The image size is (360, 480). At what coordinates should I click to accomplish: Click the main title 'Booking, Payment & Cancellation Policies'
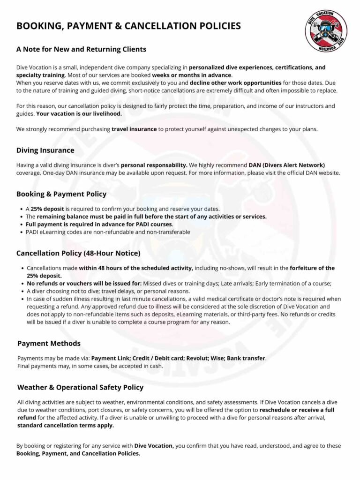pos(128,26)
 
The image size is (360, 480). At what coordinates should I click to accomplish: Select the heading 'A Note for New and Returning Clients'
pos(81,49)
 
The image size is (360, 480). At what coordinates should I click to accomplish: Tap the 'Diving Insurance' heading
pos(45,150)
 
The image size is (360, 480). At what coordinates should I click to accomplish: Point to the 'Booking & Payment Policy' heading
pos(61,194)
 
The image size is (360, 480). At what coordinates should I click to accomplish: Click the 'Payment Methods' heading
pos(49,344)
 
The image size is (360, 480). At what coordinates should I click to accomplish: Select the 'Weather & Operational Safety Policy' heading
pos(80,387)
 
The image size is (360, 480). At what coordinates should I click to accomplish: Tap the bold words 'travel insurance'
pos(134,129)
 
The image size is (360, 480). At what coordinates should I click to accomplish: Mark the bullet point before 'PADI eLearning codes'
pos(22,232)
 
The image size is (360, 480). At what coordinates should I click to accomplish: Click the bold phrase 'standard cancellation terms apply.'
pos(66,426)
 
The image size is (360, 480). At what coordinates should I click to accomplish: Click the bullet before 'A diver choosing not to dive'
pos(22,291)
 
